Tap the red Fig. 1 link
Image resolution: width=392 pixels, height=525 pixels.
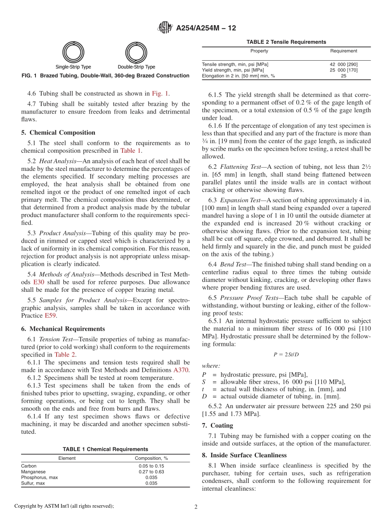tap(160, 94)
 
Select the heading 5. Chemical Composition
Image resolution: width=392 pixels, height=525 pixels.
tap(58, 132)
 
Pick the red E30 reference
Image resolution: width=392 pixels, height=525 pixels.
tap(38, 282)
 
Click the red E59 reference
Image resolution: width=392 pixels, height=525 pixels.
tap(50, 316)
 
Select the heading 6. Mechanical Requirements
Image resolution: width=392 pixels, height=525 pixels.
tap(63, 329)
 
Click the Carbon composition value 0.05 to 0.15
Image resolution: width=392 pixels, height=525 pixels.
tap(151, 466)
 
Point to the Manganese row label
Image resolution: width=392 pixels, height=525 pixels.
tap(33, 472)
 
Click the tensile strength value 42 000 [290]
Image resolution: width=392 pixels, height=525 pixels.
tap(343, 64)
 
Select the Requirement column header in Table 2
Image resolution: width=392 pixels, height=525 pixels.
tap(343, 51)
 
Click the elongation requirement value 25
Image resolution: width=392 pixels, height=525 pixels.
tap(343, 76)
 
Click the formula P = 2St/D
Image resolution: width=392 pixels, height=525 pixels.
tap(286, 355)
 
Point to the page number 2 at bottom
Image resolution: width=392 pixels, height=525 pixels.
tap(196, 507)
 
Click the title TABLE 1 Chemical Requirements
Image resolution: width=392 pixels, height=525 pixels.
tap(105, 449)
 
